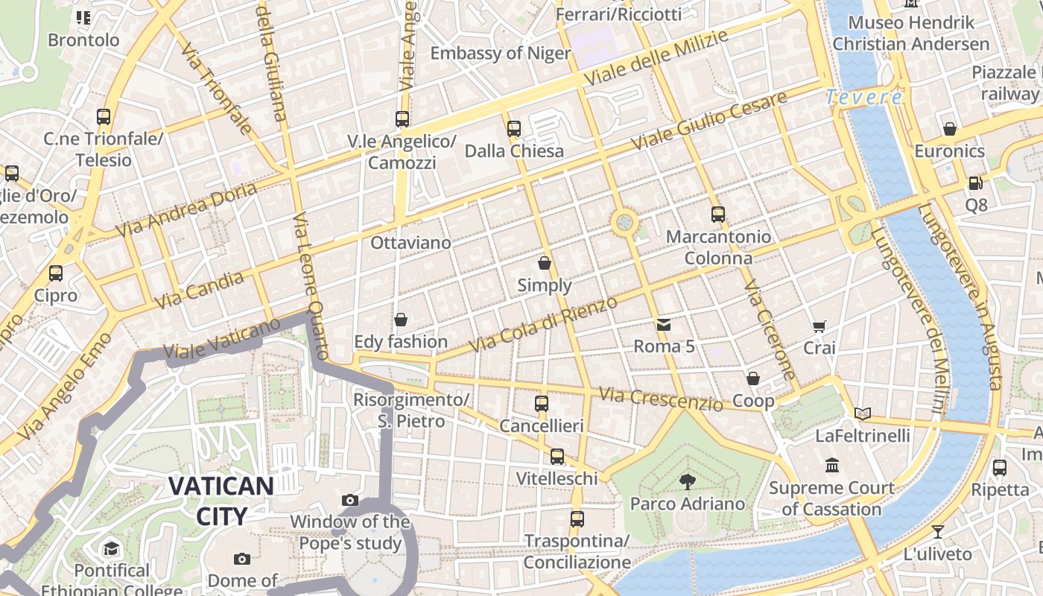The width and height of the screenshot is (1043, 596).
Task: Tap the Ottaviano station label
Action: coord(410,243)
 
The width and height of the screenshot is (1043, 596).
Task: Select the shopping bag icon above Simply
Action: coord(545,263)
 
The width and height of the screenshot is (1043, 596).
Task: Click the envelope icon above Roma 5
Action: coord(663,325)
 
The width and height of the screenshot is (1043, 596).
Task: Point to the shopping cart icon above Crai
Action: coord(819,326)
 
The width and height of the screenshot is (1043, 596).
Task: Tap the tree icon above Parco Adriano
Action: coord(687,482)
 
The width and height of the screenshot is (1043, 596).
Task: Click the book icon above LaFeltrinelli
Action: coord(863,413)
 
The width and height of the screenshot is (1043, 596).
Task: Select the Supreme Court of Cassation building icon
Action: coord(832,466)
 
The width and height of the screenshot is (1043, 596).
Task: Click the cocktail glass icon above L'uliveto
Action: coord(937,532)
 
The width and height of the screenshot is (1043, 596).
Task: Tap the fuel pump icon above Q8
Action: coord(975,183)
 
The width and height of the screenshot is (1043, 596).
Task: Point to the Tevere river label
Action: coord(864,98)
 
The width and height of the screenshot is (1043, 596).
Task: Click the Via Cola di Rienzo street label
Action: coord(544,325)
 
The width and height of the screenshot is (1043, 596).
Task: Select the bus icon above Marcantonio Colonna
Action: coord(717,215)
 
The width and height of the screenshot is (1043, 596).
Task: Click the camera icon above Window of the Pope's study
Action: coord(349,500)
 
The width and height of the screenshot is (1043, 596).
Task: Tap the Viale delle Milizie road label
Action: coord(656,58)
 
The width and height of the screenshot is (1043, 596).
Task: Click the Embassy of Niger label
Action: coord(501,54)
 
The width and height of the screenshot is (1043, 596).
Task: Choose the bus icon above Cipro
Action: coord(55,273)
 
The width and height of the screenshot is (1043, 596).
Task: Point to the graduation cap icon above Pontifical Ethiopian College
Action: coord(111,549)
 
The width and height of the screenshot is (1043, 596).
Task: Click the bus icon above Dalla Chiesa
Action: coord(513,128)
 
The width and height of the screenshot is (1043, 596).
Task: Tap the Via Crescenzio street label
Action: coord(660,399)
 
